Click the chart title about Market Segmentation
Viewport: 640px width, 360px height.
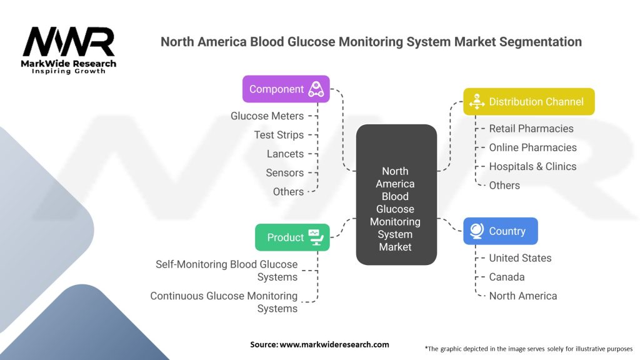click(371, 42)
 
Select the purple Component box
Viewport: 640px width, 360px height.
click(286, 89)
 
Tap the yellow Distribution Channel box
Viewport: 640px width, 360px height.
click(529, 101)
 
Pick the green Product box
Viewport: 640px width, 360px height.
click(292, 237)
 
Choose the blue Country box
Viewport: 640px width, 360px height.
click(500, 231)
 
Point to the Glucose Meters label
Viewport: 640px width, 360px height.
click(267, 116)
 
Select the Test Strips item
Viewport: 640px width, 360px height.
click(279, 134)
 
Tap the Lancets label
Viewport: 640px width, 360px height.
click(285, 154)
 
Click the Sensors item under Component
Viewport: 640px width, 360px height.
click(284, 172)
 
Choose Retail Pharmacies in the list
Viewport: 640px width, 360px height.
click(531, 128)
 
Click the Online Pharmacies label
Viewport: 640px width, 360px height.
click(532, 147)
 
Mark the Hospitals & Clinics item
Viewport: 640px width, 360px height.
click(532, 166)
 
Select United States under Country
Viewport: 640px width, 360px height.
click(520, 257)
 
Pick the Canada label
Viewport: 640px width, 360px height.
click(507, 277)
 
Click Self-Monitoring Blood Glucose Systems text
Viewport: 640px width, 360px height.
click(226, 271)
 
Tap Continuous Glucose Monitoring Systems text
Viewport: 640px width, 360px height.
click(224, 302)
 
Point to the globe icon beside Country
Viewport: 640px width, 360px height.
click(477, 231)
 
